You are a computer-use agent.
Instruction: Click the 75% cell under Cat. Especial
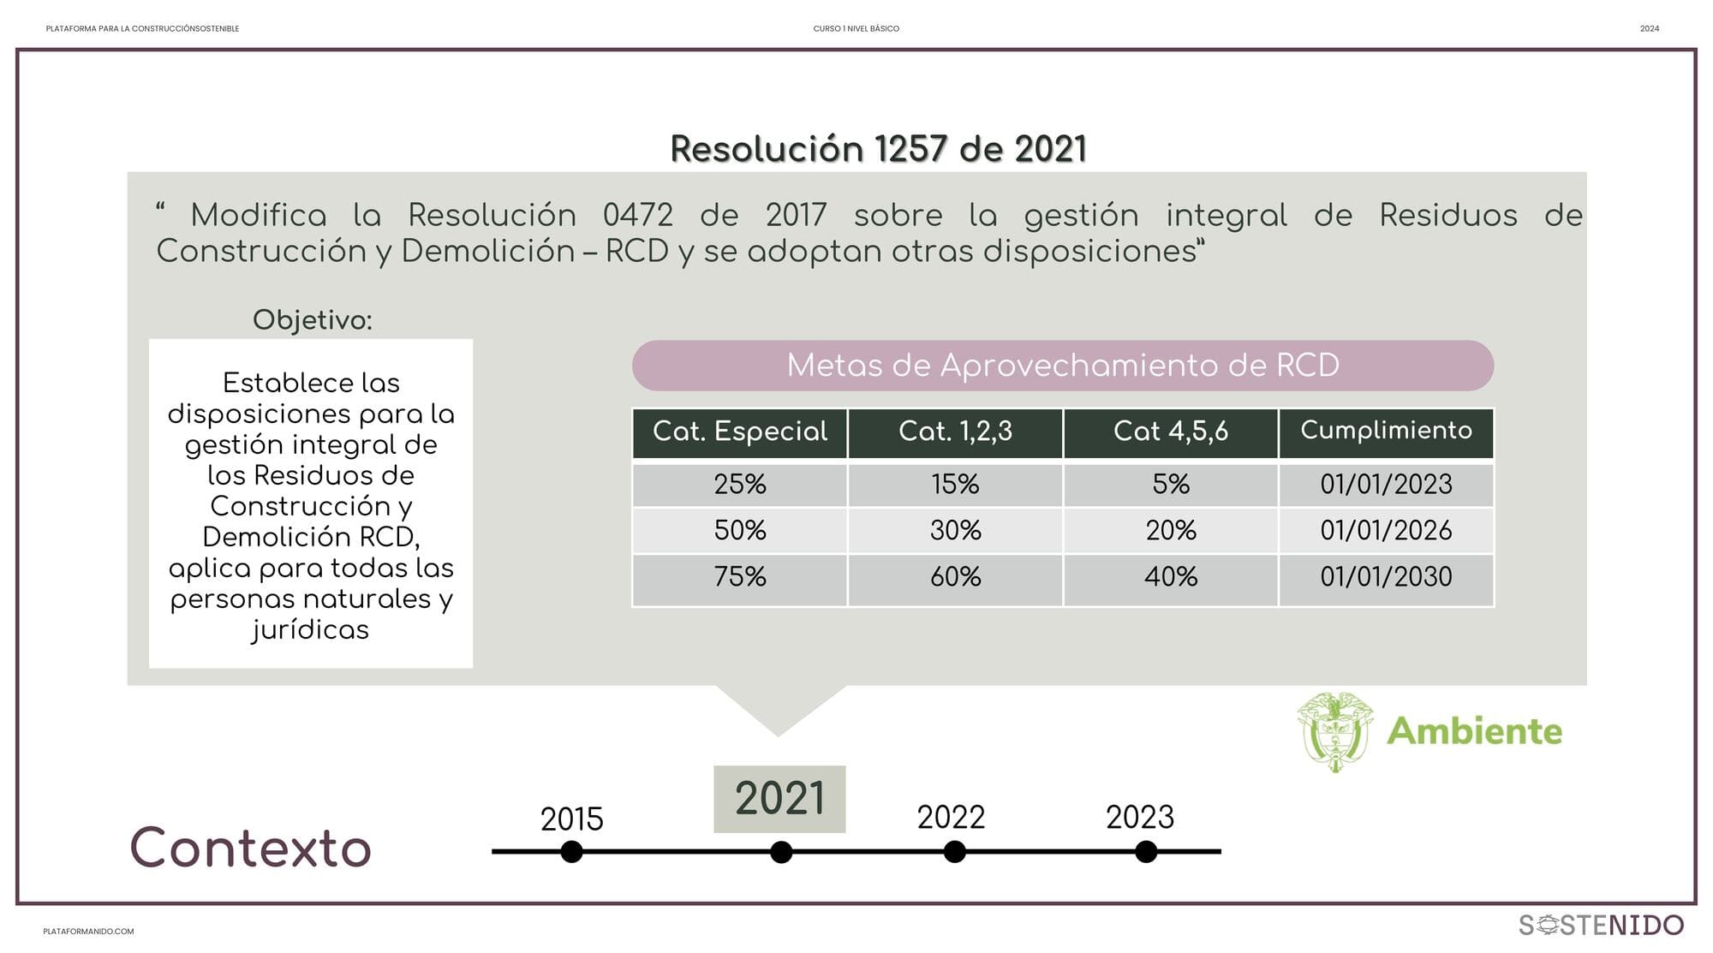(x=740, y=577)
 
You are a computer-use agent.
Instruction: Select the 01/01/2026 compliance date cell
(x=1386, y=531)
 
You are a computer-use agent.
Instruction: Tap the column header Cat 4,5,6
(x=1170, y=432)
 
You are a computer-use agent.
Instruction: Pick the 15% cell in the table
(x=955, y=485)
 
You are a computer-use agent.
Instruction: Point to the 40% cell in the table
(x=1170, y=577)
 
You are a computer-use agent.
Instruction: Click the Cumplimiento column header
(x=1386, y=431)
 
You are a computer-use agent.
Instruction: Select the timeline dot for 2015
(x=571, y=852)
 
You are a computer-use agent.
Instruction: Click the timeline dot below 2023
(x=1146, y=852)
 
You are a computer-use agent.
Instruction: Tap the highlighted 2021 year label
(x=779, y=799)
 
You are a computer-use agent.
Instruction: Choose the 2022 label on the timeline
(x=951, y=818)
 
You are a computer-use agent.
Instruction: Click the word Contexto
(x=250, y=849)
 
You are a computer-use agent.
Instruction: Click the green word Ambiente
(x=1474, y=731)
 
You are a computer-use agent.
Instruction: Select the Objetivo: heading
(x=312, y=320)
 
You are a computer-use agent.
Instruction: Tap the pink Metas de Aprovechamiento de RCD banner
(x=1062, y=366)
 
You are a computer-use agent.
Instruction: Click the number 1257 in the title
(x=911, y=150)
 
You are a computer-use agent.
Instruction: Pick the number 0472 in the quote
(x=637, y=216)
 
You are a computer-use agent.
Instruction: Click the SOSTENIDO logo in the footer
(x=1601, y=926)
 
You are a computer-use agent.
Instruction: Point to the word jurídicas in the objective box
(x=310, y=630)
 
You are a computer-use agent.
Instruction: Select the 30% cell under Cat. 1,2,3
(x=955, y=531)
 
